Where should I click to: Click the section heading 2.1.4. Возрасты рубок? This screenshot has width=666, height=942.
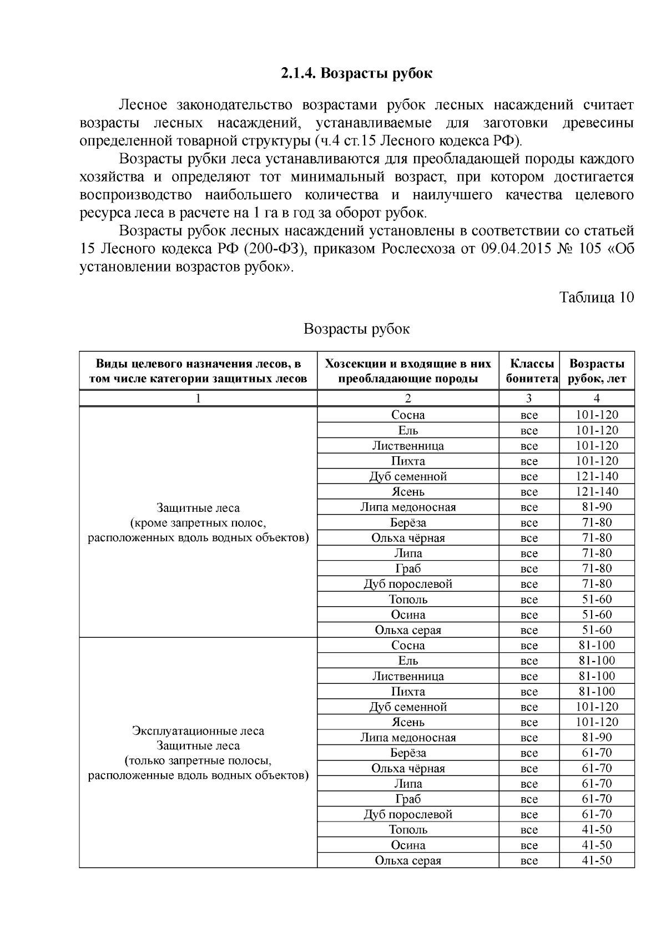pos(356,73)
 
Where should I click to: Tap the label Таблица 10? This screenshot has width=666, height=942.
pos(596,297)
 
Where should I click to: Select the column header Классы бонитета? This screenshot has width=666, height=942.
pos(531,371)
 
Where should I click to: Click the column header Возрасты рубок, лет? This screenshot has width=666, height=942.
pos(597,371)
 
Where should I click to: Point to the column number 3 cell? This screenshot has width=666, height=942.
pos(529,398)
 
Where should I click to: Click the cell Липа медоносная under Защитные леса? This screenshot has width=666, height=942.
pos(408,507)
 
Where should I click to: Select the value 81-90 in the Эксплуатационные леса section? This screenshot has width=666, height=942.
pos(597,737)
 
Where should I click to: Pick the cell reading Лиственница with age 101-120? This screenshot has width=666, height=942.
pos(408,446)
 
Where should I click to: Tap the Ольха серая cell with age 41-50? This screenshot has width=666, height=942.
pos(408,860)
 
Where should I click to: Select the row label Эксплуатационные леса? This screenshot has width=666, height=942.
pos(198,731)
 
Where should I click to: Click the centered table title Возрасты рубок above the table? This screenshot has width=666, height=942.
pos(356,329)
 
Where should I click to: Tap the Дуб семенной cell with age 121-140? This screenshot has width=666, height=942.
pos(408,476)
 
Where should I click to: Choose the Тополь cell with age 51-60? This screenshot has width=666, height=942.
pos(408,600)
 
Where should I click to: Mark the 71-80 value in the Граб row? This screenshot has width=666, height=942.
pos(597,568)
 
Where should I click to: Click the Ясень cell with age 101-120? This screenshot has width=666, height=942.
pos(408,722)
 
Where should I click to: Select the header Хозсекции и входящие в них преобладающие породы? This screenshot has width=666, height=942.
pos(408,371)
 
